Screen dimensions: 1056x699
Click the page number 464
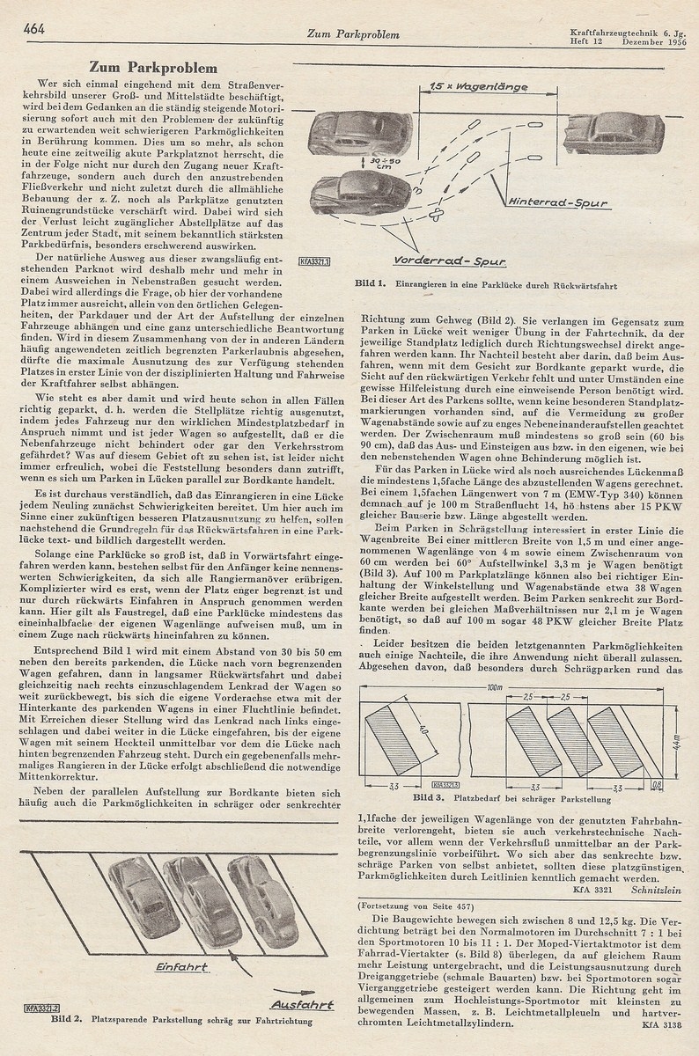[34, 28]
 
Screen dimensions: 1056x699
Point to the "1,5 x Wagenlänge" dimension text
[481, 86]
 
